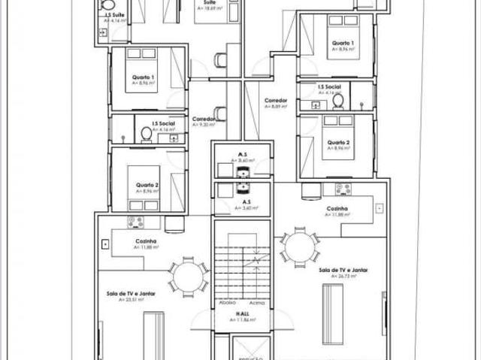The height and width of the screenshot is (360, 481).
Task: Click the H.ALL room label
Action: tap(242, 313)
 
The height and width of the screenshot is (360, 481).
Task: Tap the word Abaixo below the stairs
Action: tap(226, 303)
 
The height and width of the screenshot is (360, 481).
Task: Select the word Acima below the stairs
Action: tap(257, 303)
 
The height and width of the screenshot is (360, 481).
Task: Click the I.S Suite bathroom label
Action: tap(116, 15)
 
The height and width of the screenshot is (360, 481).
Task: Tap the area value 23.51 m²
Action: tap(137, 299)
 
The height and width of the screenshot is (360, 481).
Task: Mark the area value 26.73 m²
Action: tap(342, 276)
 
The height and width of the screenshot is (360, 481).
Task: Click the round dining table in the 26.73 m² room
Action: tap(299, 247)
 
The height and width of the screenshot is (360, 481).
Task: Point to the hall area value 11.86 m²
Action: tap(242, 319)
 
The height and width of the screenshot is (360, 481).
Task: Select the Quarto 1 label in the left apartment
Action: tap(144, 77)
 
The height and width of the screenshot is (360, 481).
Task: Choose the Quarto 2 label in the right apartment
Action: tap(338, 142)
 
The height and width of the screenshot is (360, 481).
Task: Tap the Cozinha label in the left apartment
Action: tap(145, 241)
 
